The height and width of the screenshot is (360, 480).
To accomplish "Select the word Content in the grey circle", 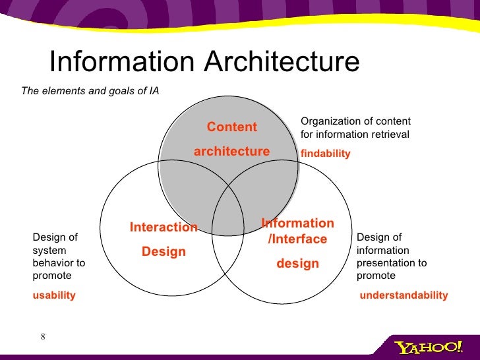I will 232,127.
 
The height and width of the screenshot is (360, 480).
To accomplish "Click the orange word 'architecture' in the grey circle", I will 231,152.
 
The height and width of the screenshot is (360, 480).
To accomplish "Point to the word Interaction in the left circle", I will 164,227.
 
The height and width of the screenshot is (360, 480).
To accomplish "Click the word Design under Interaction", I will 164,252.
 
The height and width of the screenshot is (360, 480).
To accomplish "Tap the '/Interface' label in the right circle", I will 297,239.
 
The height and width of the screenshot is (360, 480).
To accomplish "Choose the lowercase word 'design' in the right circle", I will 297,264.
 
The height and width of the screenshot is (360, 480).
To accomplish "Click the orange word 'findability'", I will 325,154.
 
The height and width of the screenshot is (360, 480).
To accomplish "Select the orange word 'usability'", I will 54,295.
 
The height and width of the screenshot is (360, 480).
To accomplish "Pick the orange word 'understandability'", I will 404,295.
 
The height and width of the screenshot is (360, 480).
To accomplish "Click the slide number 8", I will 43,338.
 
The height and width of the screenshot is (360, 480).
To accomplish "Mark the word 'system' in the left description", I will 48,251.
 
